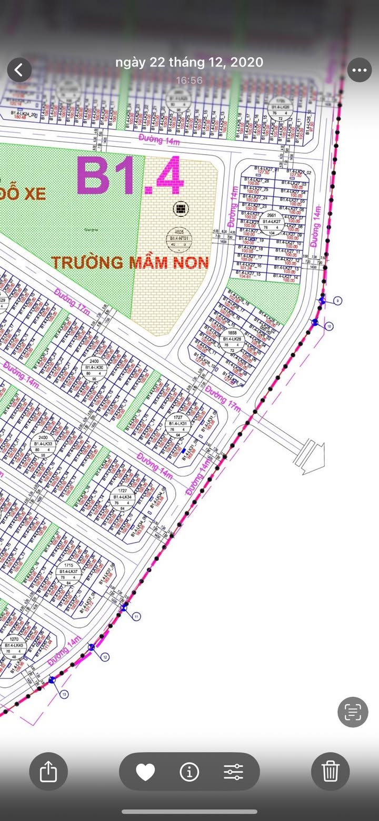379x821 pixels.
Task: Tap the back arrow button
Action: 19,70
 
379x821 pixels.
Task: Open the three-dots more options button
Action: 360,70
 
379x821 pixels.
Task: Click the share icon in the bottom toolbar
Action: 48,772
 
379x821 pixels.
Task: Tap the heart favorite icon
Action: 145,772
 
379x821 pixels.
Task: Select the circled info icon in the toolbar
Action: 189,772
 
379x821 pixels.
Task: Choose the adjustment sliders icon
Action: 233,772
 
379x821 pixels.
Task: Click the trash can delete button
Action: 330,772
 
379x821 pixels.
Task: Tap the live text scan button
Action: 352,712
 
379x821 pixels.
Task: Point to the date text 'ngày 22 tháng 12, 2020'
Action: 189,62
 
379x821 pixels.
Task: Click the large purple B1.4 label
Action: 131,176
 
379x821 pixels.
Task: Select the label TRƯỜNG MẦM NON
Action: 130,262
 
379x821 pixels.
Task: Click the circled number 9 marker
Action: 337,301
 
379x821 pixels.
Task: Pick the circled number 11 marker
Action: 136,616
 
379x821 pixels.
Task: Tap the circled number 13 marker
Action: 64,695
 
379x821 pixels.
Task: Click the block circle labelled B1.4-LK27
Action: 272,222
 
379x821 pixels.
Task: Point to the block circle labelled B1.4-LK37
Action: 68,572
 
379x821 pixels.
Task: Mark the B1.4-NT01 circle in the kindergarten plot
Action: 180,238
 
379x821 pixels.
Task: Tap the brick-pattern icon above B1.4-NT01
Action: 180,209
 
